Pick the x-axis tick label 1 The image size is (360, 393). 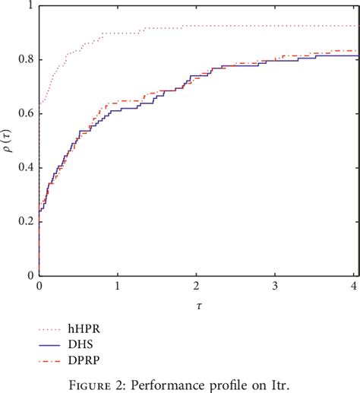click(x=118, y=287)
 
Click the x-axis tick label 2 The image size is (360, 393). click(x=196, y=287)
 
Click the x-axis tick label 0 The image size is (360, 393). click(x=39, y=287)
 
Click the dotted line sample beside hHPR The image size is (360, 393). click(x=56, y=330)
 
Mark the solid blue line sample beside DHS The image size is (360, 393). click(x=56, y=344)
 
